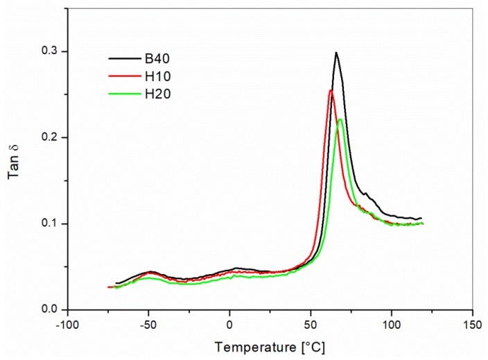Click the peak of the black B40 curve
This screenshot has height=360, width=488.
pyautogui.click(x=336, y=53)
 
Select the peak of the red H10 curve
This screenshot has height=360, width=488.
pyautogui.click(x=331, y=90)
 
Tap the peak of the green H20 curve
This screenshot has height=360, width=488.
pyautogui.click(x=340, y=119)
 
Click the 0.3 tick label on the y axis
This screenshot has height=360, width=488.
pyautogui.click(x=49, y=52)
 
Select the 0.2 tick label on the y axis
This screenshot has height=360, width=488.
pyautogui.click(x=49, y=138)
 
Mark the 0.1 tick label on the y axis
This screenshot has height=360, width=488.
pyautogui.click(x=49, y=223)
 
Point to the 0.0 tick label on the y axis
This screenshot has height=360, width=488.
pyautogui.click(x=49, y=309)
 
